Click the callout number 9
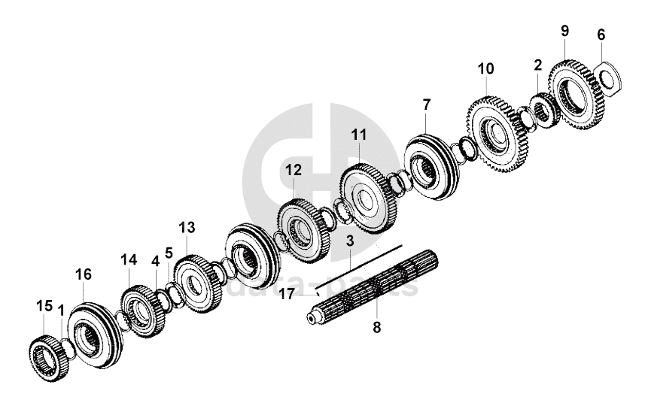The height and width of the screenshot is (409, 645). (564, 31)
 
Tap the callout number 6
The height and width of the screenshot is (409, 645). (601, 35)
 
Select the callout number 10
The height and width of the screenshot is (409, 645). (485, 69)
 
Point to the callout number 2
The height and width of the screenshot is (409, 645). (537, 65)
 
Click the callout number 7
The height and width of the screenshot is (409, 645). (427, 102)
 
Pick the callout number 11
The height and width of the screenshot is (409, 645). (359, 135)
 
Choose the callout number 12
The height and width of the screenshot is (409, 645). (293, 171)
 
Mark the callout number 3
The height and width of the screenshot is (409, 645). (350, 241)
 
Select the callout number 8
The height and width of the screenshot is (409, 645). (377, 327)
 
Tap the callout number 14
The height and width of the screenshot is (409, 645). (129, 260)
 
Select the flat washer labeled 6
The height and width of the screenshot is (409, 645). (608, 77)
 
